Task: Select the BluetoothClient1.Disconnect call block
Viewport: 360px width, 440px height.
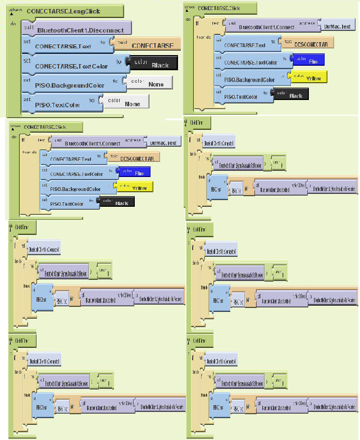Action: point(75,29)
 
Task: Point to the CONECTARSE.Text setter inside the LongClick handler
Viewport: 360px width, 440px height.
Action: point(63,47)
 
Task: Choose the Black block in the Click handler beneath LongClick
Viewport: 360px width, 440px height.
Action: point(121,202)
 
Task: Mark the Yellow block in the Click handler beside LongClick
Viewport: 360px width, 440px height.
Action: point(313,78)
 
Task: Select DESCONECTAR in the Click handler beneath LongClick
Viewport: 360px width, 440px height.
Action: point(136,158)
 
